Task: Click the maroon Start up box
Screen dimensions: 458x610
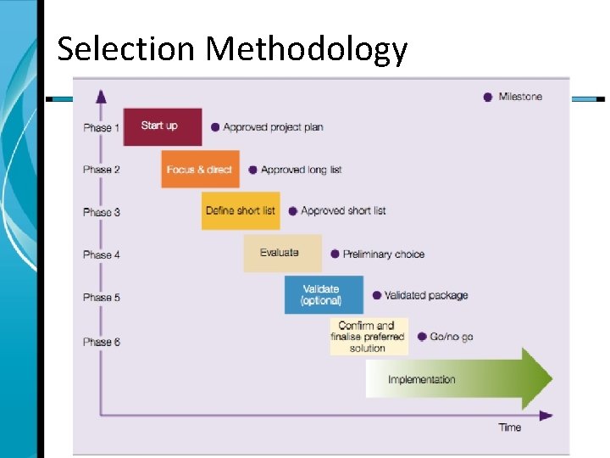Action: pyautogui.click(x=163, y=126)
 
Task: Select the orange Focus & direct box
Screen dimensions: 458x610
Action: pyautogui.click(x=200, y=169)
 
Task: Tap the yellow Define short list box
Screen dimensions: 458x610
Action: pyautogui.click(x=241, y=210)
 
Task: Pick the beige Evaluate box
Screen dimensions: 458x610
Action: pyautogui.click(x=282, y=253)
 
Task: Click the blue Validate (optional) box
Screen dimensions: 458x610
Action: pyautogui.click(x=323, y=294)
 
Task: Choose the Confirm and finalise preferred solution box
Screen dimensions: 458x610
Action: pyautogui.click(x=369, y=337)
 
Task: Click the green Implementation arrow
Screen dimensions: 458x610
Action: pyautogui.click(x=457, y=379)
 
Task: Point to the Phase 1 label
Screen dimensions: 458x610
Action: pyautogui.click(x=102, y=128)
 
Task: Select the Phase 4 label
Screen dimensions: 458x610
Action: pyautogui.click(x=102, y=254)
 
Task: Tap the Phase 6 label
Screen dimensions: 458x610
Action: pyautogui.click(x=102, y=342)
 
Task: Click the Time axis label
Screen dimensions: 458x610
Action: pyautogui.click(x=510, y=427)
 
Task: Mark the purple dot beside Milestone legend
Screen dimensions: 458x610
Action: pyautogui.click(x=487, y=97)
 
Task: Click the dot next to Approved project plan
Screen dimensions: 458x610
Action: pyautogui.click(x=215, y=127)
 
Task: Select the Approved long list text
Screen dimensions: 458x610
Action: pyautogui.click(x=301, y=170)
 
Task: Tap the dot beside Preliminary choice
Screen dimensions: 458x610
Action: pyautogui.click(x=335, y=254)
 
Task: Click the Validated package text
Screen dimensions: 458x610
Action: pyautogui.click(x=425, y=295)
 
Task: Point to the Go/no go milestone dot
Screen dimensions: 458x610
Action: pyautogui.click(x=421, y=337)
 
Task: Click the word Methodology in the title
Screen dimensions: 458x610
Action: pyautogui.click(x=307, y=49)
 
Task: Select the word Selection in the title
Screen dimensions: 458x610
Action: pyautogui.click(x=126, y=49)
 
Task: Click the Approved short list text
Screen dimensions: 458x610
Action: pyautogui.click(x=343, y=210)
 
